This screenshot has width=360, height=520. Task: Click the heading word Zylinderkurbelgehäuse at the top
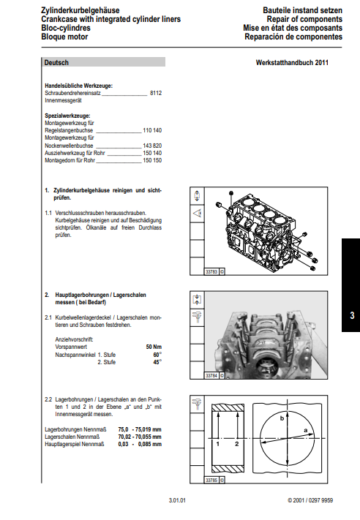click(80, 11)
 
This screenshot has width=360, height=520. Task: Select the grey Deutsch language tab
click(104, 62)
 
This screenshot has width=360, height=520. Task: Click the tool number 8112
click(156, 93)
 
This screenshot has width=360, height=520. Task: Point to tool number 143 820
click(152, 146)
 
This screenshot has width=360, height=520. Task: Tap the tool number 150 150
click(152, 160)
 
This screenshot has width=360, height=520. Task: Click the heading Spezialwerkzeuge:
click(67, 116)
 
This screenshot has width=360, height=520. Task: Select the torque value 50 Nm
click(154, 347)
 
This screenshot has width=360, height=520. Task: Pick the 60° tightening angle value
click(157, 355)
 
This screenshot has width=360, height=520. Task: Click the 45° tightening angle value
click(157, 362)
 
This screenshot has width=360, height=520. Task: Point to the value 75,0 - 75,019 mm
click(140, 429)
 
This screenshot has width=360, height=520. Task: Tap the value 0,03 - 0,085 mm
click(140, 444)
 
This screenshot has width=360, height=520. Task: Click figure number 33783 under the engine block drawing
click(211, 272)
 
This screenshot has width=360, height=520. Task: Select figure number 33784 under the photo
click(211, 376)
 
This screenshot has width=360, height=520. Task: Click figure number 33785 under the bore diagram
click(211, 481)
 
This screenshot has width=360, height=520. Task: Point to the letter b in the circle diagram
click(282, 418)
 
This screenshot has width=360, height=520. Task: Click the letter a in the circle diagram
click(306, 431)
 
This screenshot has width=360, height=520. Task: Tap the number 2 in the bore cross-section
click(237, 444)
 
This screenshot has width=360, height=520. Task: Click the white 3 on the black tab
click(352, 315)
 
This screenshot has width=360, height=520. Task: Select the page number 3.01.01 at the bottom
click(177, 500)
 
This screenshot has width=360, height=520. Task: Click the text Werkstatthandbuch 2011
click(292, 63)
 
